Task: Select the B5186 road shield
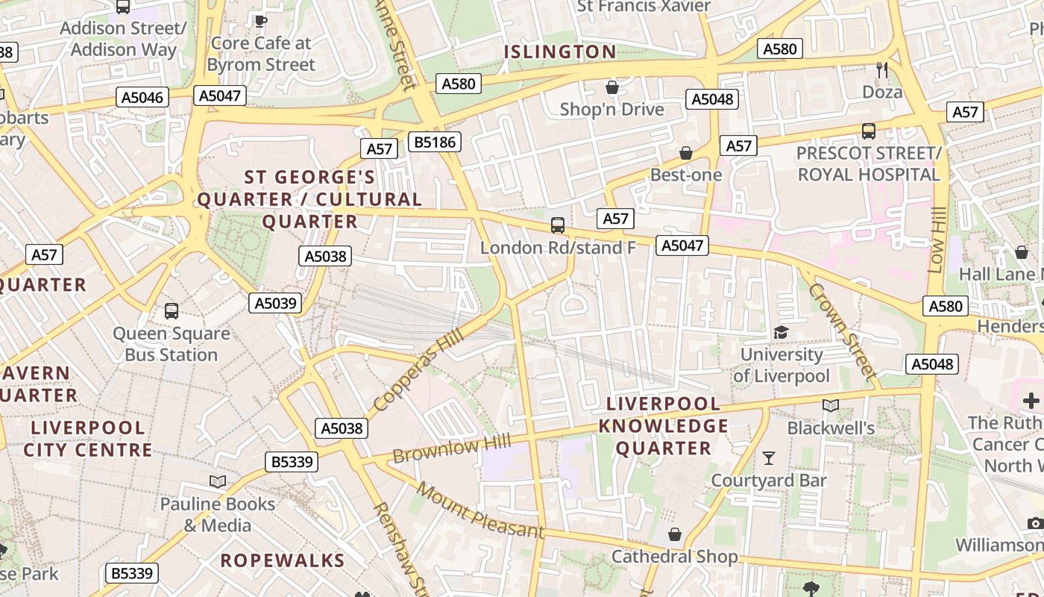435,142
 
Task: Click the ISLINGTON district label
560,51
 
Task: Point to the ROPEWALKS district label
283,560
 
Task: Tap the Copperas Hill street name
418,369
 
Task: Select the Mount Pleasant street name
480,511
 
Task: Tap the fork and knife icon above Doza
882,70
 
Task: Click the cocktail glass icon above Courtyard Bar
769,457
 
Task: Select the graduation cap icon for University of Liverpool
781,332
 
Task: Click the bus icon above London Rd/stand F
558,225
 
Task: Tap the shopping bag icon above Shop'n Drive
612,87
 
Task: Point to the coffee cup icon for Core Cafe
260,21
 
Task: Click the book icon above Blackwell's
831,405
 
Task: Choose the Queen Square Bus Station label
171,344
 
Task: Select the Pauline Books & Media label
218,515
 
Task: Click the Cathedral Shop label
674,557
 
